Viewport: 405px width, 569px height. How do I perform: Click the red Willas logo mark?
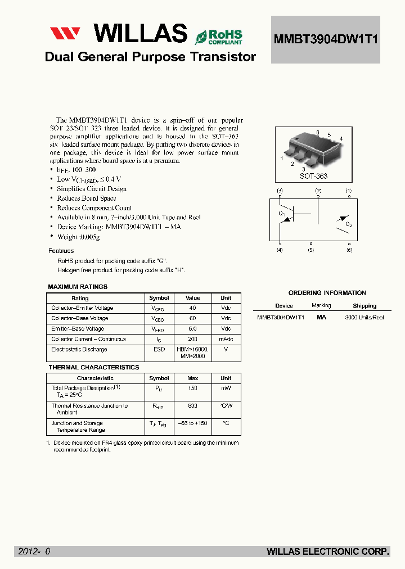[x=65, y=34]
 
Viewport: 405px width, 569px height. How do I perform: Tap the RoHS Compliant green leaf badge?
[x=201, y=37]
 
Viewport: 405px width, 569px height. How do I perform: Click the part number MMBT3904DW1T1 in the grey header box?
[x=326, y=39]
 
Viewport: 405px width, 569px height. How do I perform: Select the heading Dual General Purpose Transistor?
[x=150, y=57]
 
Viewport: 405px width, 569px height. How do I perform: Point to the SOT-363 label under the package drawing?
[x=314, y=176]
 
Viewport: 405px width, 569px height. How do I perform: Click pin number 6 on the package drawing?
[x=318, y=133]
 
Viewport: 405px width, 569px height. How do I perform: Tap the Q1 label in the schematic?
[x=281, y=213]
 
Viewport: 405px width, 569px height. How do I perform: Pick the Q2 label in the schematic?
[x=349, y=225]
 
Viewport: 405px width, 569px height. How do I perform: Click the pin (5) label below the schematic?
[x=311, y=250]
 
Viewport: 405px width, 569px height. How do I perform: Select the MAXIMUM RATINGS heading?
[x=78, y=287]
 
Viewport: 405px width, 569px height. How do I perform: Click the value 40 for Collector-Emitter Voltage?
[x=193, y=308]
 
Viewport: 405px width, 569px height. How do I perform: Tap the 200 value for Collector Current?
[x=193, y=339]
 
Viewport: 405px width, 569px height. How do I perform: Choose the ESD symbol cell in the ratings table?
[x=159, y=349]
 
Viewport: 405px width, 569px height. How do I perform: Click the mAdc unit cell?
[x=226, y=339]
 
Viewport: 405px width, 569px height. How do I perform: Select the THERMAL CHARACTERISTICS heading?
[x=93, y=367]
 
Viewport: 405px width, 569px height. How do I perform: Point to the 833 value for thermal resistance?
[x=193, y=405]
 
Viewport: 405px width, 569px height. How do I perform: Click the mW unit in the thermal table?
[x=226, y=388]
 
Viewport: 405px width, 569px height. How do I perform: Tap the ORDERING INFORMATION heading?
[x=327, y=293]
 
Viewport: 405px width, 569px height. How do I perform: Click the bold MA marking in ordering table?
[x=321, y=317]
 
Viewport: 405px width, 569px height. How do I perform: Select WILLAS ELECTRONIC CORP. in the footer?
[x=328, y=552]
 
